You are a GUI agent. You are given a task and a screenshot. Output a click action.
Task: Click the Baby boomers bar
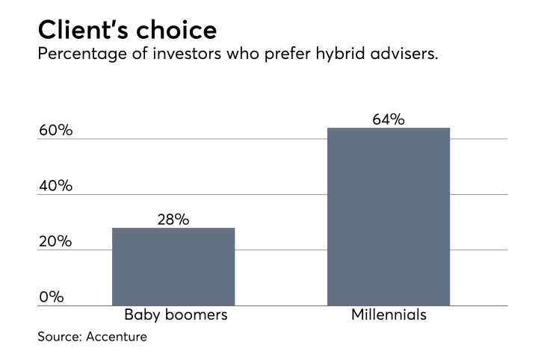pyautogui.click(x=173, y=267)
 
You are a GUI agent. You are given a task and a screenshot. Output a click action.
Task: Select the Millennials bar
pyautogui.click(x=389, y=217)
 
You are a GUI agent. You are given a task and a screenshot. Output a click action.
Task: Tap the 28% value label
pyautogui.click(x=173, y=220)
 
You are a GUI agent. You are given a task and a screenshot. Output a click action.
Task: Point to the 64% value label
pyautogui.click(x=389, y=119)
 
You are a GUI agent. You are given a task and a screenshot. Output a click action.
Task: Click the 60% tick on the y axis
pyautogui.click(x=55, y=131)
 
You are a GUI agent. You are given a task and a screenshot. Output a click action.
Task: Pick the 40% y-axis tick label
pyautogui.click(x=55, y=186)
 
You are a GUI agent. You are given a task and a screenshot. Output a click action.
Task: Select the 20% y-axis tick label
pyautogui.click(x=55, y=241)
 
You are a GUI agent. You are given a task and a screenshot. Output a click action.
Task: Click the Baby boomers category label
pyautogui.click(x=176, y=314)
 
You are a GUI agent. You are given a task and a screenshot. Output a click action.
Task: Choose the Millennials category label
pyautogui.click(x=389, y=314)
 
